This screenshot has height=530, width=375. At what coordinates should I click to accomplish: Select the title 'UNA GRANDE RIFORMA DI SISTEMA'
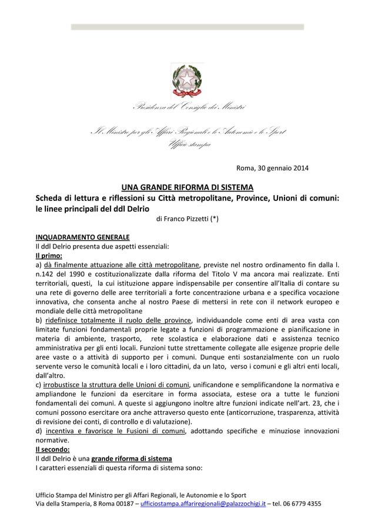click(x=187, y=187)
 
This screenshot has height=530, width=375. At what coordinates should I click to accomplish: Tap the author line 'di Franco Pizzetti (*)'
click(x=187, y=219)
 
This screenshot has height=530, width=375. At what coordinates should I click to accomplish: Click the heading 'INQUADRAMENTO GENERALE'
click(x=82, y=237)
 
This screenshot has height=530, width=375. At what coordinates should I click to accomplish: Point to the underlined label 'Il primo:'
click(x=49, y=256)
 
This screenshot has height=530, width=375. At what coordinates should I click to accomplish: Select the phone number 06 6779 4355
click(x=302, y=504)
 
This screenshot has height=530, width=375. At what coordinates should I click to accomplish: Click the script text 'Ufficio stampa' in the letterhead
click(x=188, y=145)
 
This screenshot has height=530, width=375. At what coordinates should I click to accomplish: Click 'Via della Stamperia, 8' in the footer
click(x=69, y=504)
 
